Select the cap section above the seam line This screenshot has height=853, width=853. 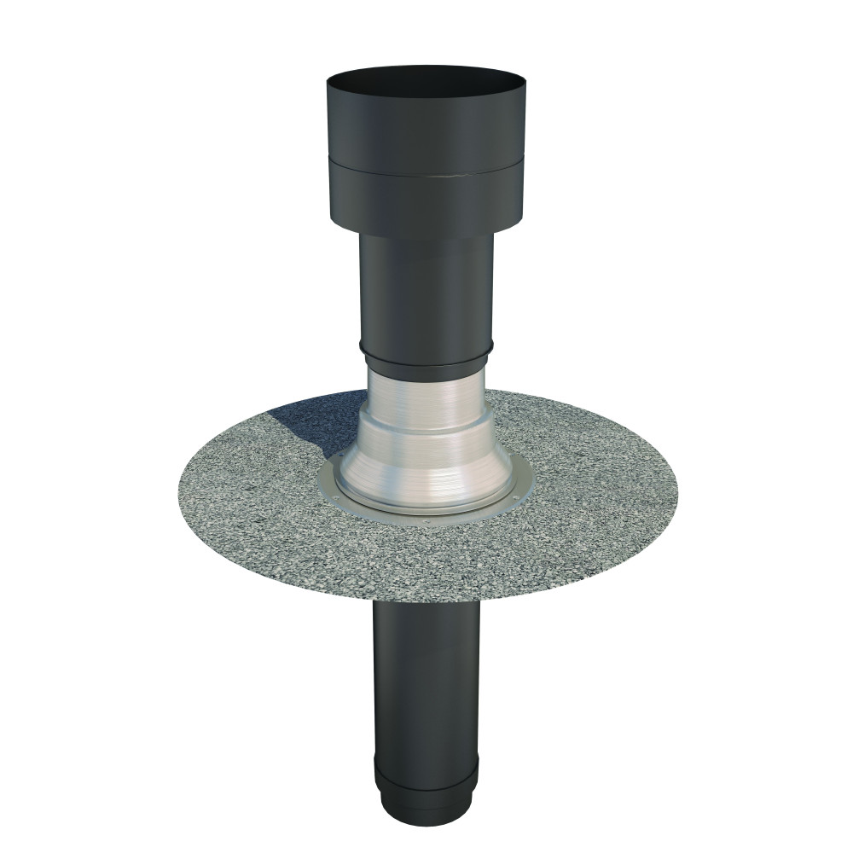(x=426, y=136)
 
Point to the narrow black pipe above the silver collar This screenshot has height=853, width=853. (x=426, y=290)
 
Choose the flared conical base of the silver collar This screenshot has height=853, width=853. (x=426, y=469)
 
